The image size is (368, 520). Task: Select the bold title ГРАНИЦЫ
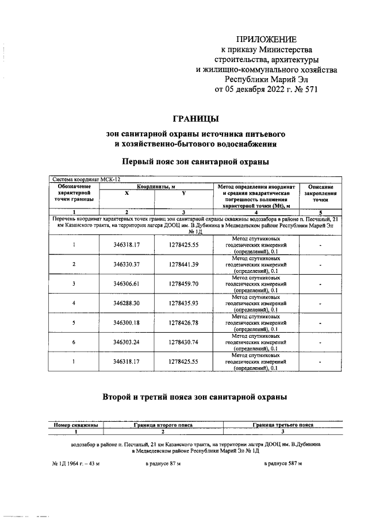195,119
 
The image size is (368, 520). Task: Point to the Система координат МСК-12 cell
83,179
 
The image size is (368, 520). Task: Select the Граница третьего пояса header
283,425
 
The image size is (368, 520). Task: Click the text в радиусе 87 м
163,463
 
